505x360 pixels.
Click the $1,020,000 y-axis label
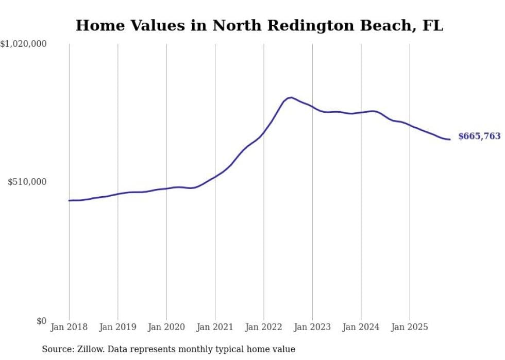coord(24,44)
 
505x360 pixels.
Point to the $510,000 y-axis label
coord(27,182)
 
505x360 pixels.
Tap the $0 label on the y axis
coord(41,321)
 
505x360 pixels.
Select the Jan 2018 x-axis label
coord(69,327)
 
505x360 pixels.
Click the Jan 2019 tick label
coord(117,327)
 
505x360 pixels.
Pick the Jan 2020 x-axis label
coord(166,327)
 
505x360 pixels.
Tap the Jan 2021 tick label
coord(215,327)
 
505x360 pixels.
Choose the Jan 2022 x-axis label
coord(264,327)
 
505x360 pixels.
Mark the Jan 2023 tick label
coord(312,327)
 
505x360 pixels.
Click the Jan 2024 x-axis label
coord(361,327)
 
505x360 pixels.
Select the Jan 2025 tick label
coord(410,327)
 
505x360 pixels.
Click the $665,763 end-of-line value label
coord(479,136)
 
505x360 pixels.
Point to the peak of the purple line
coord(291,97)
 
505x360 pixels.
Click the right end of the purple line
coord(450,140)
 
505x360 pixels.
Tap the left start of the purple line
coord(69,200)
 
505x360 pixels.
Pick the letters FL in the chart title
coord(432,26)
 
